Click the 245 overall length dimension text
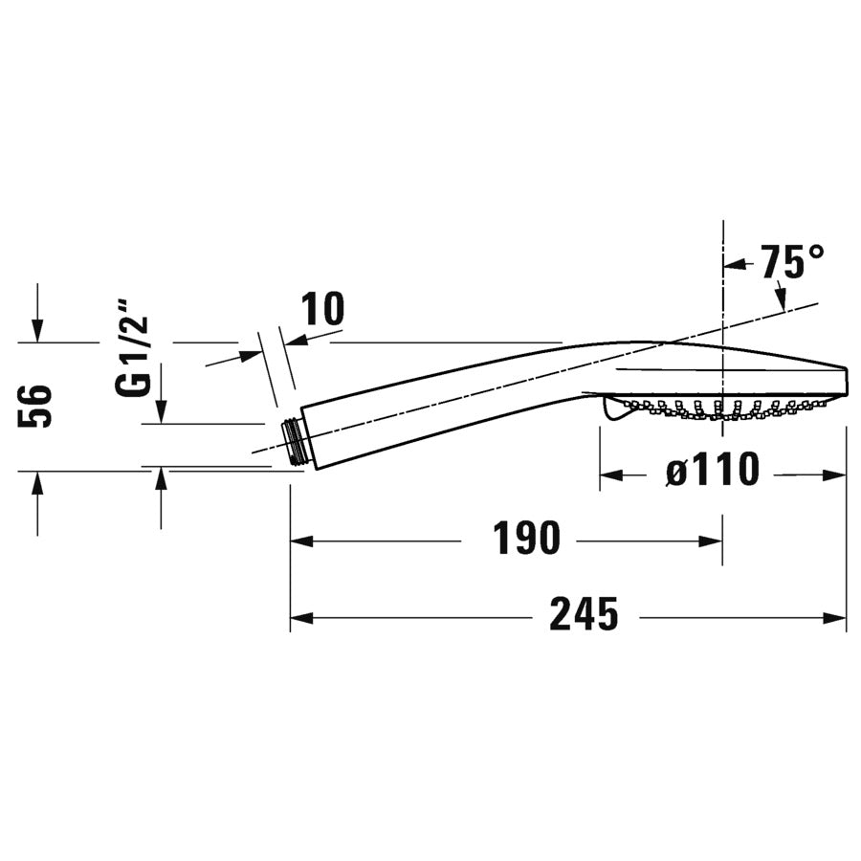coord(584,615)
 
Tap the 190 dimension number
coord(526,540)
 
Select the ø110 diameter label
coord(713,471)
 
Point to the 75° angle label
coord(792,261)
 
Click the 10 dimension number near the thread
coord(322,310)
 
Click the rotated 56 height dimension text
coord(35,406)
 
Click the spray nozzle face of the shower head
coord(717,407)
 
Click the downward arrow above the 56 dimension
coord(36,330)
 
